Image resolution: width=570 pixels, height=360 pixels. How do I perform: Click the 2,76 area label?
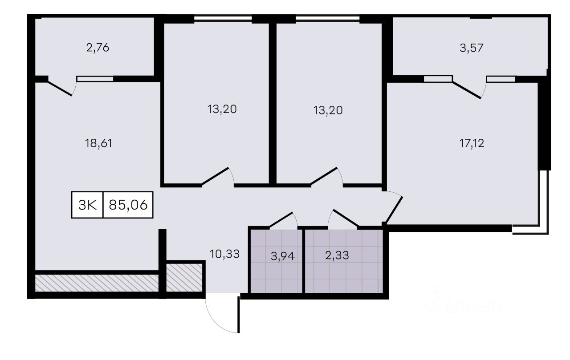[98, 48]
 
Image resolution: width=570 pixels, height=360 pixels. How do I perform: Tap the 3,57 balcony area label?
[472, 48]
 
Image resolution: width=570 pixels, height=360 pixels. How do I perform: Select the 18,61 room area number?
[98, 143]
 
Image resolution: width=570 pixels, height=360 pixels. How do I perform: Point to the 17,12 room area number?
[472, 143]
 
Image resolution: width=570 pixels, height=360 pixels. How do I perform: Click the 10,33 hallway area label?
[225, 254]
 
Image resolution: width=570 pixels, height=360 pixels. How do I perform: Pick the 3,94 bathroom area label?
[283, 256]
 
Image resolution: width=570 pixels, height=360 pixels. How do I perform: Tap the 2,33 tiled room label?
[337, 255]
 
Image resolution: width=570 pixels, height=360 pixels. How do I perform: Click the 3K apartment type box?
[87, 205]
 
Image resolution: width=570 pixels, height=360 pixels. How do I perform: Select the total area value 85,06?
[128, 205]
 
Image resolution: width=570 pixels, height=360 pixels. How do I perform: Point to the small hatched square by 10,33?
[184, 278]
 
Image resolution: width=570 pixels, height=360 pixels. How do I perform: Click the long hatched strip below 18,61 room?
[97, 283]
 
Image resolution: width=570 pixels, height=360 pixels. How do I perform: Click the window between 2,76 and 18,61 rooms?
[95, 79]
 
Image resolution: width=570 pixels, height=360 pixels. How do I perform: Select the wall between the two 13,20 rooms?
[273, 103]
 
